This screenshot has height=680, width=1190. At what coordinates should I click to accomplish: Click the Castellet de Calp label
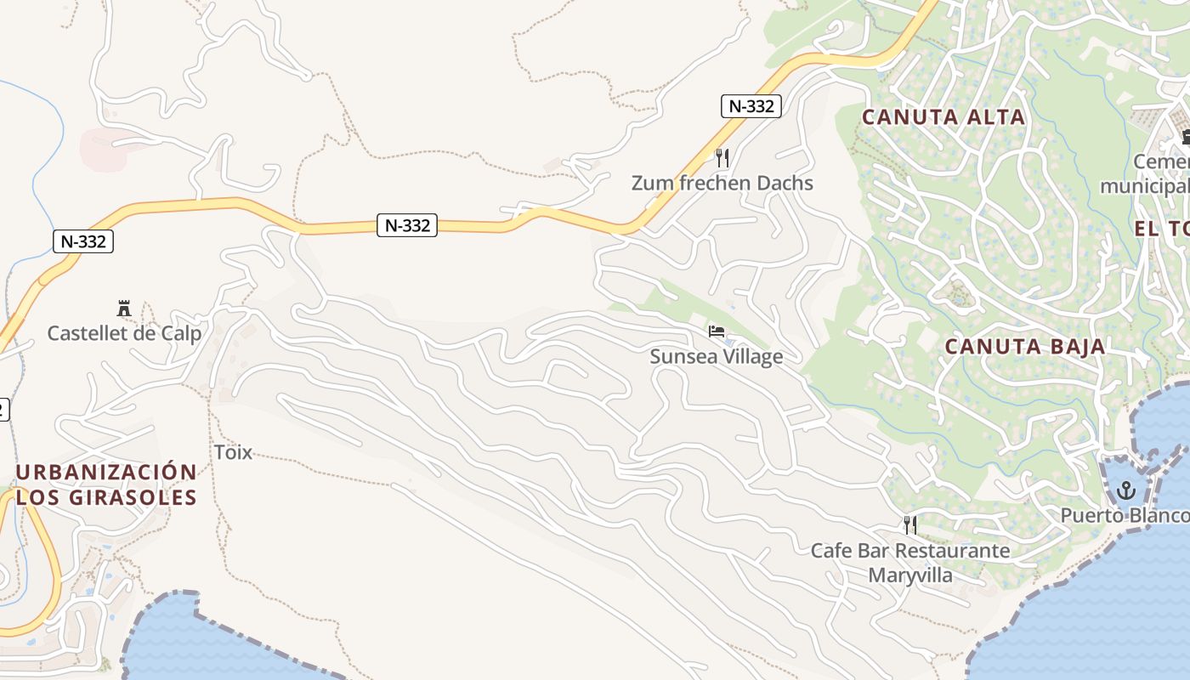tap(124, 333)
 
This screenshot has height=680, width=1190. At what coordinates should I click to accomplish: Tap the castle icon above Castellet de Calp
tap(124, 308)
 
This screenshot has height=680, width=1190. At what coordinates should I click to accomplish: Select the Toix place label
tap(233, 452)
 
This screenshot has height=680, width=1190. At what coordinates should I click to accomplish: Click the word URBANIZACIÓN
tap(106, 473)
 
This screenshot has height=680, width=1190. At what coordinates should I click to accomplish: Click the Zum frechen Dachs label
tap(722, 183)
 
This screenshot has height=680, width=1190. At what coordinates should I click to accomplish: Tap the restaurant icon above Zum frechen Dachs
tap(722, 157)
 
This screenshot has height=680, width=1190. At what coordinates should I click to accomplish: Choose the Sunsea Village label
tap(716, 356)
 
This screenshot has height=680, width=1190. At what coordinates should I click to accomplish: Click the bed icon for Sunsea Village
tap(717, 331)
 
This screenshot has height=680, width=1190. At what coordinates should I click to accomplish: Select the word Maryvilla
tap(910, 575)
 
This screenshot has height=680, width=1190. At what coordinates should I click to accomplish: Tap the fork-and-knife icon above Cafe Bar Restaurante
tap(910, 524)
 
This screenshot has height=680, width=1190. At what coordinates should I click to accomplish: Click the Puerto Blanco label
tap(1124, 516)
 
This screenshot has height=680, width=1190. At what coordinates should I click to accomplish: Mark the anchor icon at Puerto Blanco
tap(1126, 490)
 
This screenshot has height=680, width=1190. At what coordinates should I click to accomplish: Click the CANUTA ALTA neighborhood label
tap(943, 117)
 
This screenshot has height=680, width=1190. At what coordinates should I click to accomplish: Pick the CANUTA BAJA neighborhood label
tap(1025, 347)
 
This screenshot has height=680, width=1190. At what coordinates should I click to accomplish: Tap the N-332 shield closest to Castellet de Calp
tap(83, 241)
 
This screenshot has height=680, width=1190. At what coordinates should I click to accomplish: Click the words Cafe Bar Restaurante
tap(910, 551)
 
